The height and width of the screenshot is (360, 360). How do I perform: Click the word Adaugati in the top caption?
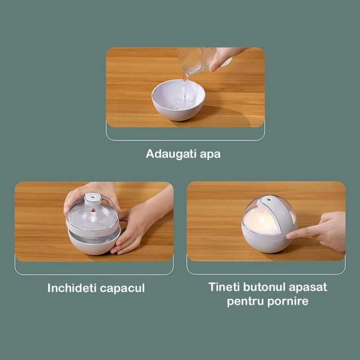point(171,154)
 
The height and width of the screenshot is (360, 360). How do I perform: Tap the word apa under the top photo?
point(210,154)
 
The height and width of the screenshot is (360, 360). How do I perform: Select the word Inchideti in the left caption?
point(72,288)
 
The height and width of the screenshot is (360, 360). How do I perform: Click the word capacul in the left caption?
point(122,288)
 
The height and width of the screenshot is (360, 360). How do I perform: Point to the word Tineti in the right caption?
point(224,287)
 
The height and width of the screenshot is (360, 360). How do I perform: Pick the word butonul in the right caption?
point(264,287)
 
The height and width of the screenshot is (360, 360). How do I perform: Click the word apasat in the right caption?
point(308,288)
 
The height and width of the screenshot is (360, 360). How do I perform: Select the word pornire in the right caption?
point(288,301)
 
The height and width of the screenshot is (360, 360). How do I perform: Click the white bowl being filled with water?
point(178,100)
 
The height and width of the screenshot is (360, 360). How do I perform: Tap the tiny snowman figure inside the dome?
point(93,215)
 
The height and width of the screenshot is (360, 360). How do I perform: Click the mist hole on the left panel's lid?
point(94,197)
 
